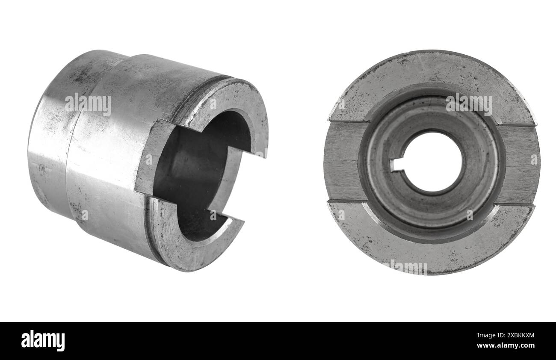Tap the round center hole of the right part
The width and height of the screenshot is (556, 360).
click(x=433, y=162)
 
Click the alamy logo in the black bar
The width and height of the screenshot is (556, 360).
click(x=43, y=341)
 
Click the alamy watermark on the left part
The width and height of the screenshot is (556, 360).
click(x=88, y=104)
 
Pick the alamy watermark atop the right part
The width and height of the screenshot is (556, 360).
click(x=469, y=104)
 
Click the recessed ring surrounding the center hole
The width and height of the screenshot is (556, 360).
click(x=432, y=201)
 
